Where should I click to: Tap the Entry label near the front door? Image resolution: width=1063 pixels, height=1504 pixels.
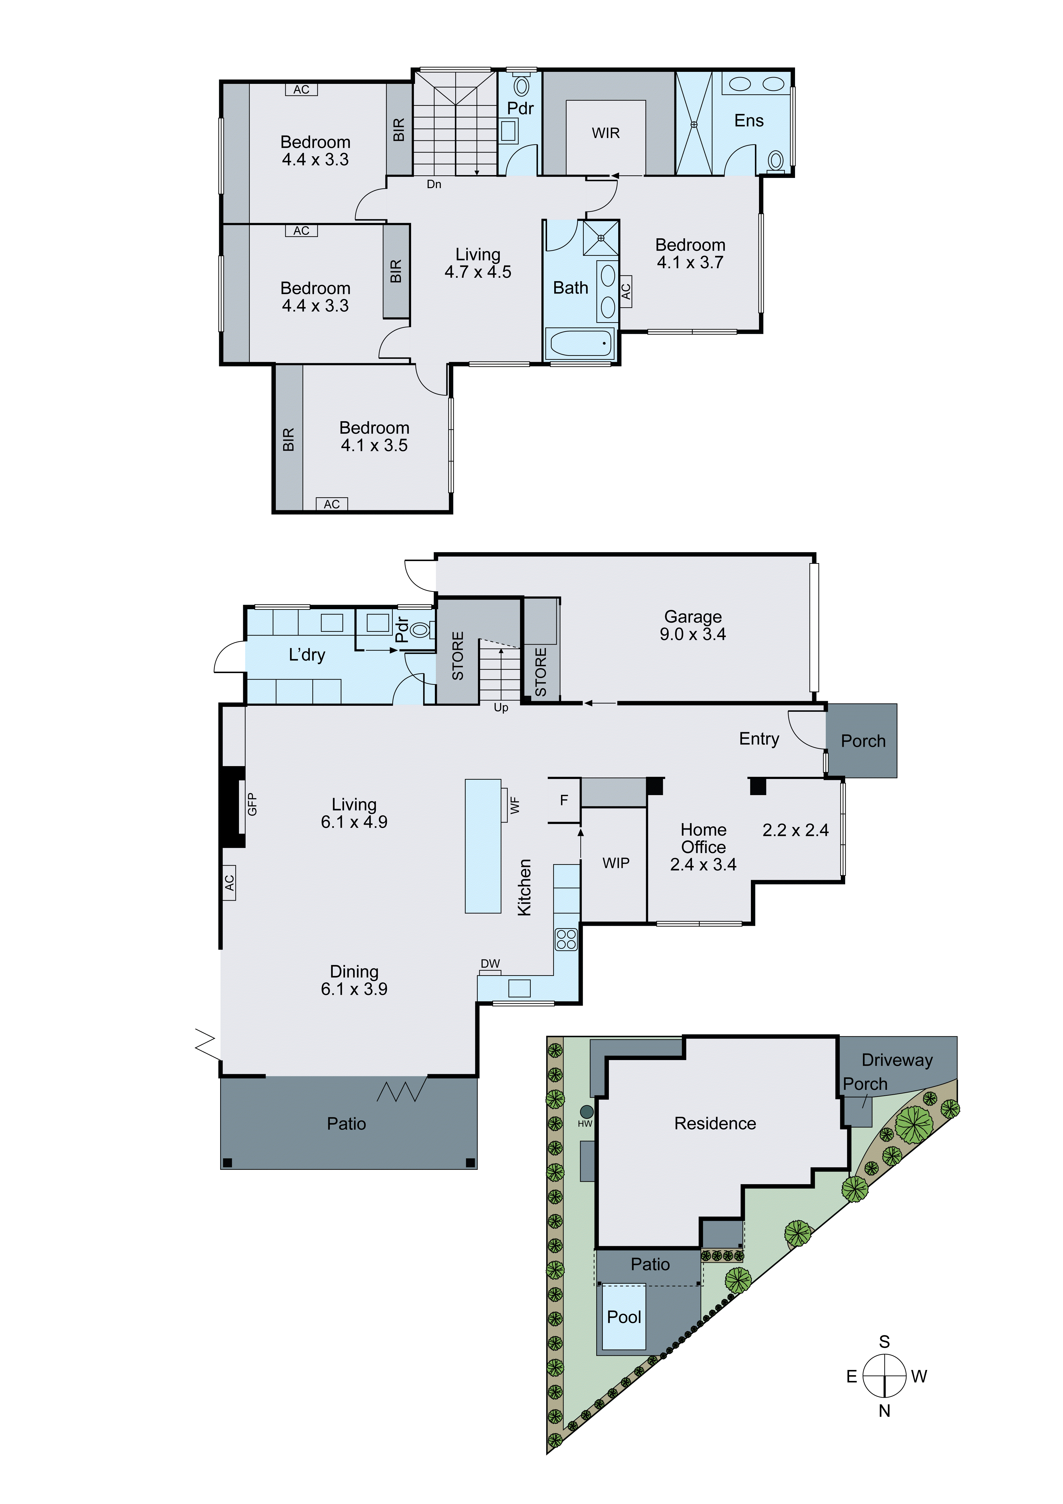pyautogui.click(x=759, y=739)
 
